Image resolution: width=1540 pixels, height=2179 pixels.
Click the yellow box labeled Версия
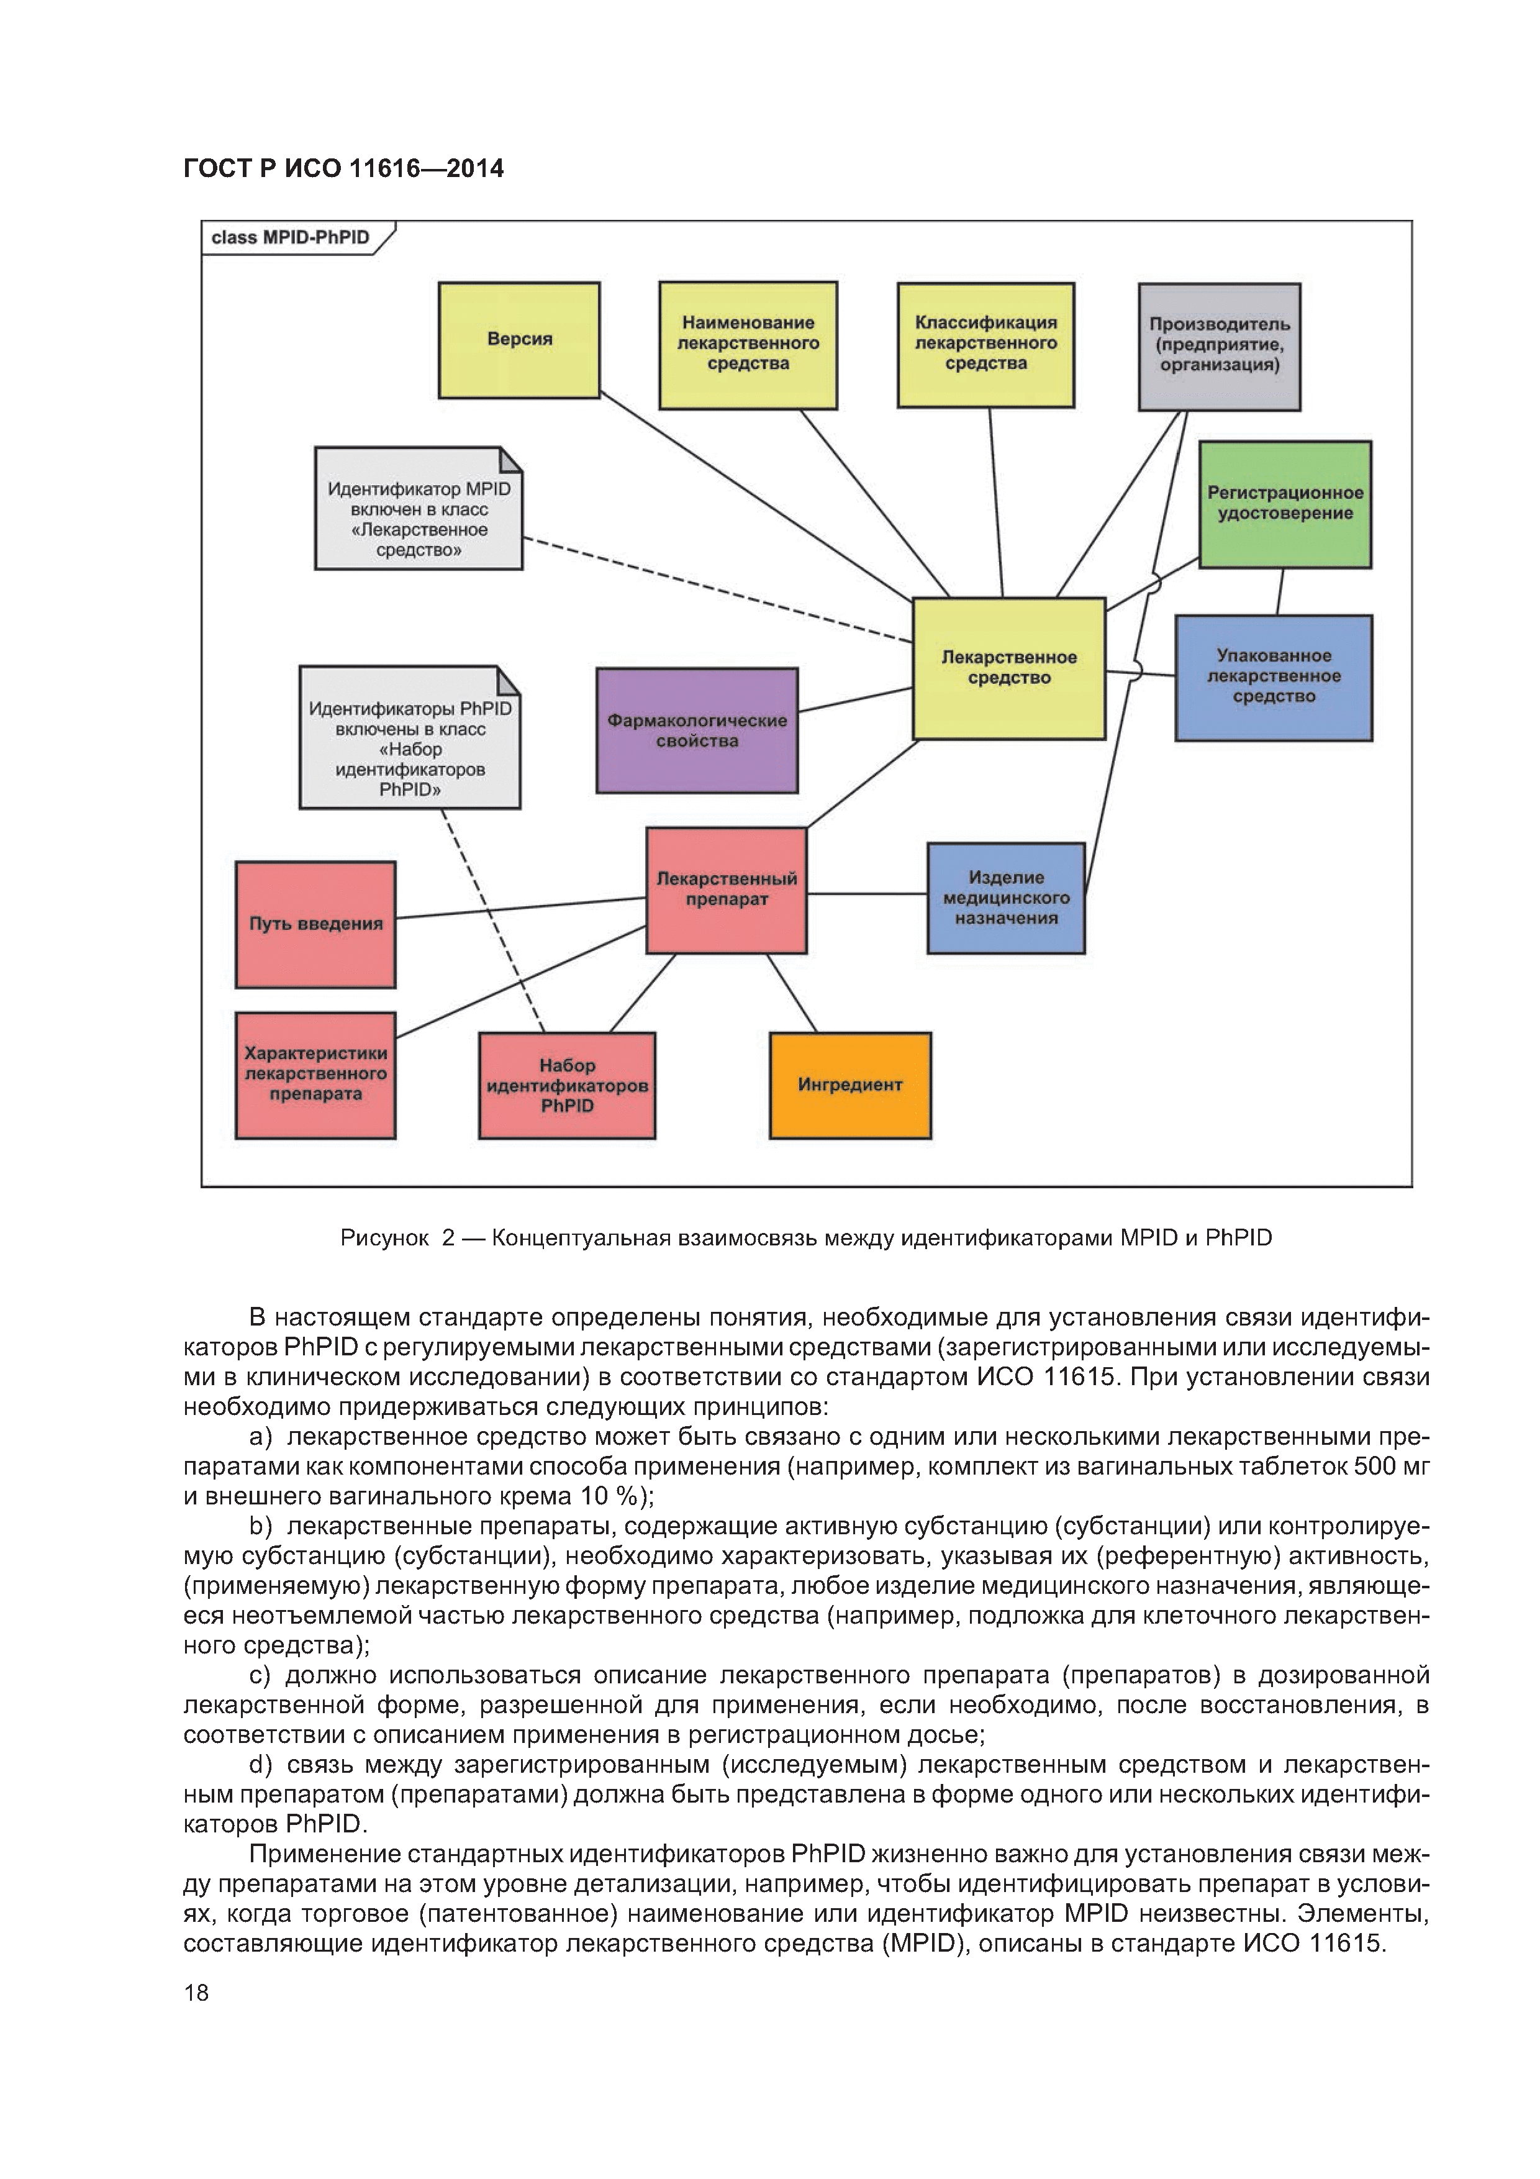[x=519, y=340]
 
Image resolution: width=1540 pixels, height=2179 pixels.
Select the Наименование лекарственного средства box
[x=748, y=345]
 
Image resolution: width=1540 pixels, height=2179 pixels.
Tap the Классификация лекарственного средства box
[x=986, y=345]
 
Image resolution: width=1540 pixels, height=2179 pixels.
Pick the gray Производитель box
[x=1220, y=347]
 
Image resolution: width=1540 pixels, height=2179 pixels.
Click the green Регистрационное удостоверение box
[x=1285, y=504]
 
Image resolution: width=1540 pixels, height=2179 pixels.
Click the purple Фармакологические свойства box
[x=697, y=730]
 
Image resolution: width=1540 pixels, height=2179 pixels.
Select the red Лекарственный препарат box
[x=727, y=890]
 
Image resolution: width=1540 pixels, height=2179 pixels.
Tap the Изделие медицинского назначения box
[x=1006, y=898]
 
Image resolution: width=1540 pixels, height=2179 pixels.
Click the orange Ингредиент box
[x=850, y=1085]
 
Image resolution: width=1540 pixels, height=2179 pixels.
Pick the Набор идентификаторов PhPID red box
[x=566, y=1085]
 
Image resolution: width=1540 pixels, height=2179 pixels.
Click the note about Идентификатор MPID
[x=419, y=509]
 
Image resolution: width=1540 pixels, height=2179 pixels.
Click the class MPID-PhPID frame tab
[x=291, y=237]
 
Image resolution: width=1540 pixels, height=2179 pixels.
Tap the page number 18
[x=196, y=1992]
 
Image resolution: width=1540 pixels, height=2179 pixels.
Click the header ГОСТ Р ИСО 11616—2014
[x=343, y=169]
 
